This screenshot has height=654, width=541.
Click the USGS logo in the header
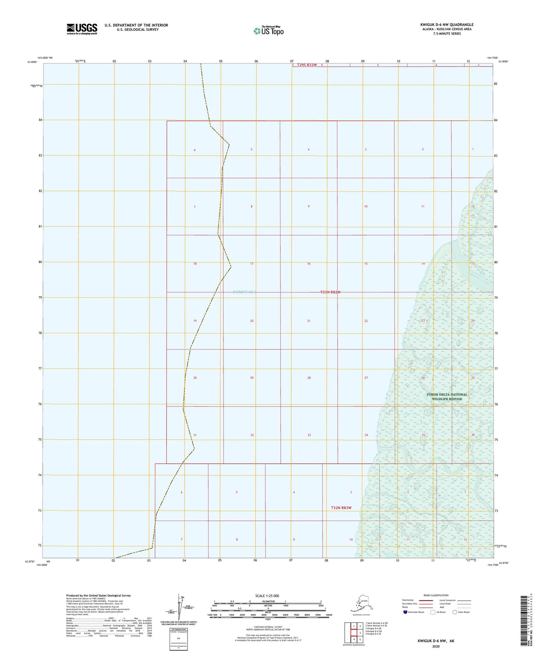82,29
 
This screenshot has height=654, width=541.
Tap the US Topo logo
268,30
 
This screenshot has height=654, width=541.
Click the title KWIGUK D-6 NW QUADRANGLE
446,25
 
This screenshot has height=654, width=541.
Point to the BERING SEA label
244,292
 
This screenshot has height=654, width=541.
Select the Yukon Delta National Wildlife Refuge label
447,397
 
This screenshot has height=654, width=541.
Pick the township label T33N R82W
330,292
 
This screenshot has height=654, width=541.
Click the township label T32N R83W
341,508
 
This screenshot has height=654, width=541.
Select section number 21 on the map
309,321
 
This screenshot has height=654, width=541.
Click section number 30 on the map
195,378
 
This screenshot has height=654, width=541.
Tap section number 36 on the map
473,435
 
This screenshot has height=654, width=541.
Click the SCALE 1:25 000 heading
267,596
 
